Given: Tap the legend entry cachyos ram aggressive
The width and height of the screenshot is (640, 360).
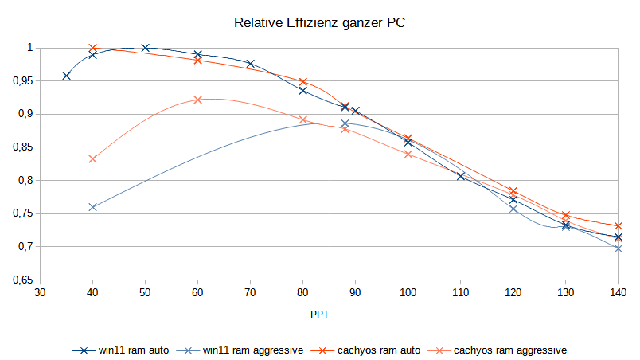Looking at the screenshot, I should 499,350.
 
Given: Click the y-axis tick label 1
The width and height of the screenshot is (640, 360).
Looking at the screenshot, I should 28,48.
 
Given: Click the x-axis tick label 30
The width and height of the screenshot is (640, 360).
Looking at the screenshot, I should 40,294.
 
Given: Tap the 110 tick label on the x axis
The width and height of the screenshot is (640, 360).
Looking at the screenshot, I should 461,294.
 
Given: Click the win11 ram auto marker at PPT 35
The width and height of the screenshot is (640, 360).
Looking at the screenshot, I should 66,76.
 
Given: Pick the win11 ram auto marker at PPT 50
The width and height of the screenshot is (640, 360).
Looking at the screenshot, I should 145,48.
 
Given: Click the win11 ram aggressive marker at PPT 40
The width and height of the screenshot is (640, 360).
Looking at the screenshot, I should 92,207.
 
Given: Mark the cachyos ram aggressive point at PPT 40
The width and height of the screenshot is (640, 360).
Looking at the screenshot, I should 92,159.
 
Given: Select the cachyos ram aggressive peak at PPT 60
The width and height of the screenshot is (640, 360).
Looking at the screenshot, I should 198,100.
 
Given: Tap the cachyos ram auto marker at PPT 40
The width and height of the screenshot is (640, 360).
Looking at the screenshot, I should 92,48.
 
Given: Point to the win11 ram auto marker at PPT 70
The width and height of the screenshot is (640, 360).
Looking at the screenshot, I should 251,64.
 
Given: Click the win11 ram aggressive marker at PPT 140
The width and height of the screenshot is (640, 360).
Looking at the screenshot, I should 619,248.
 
